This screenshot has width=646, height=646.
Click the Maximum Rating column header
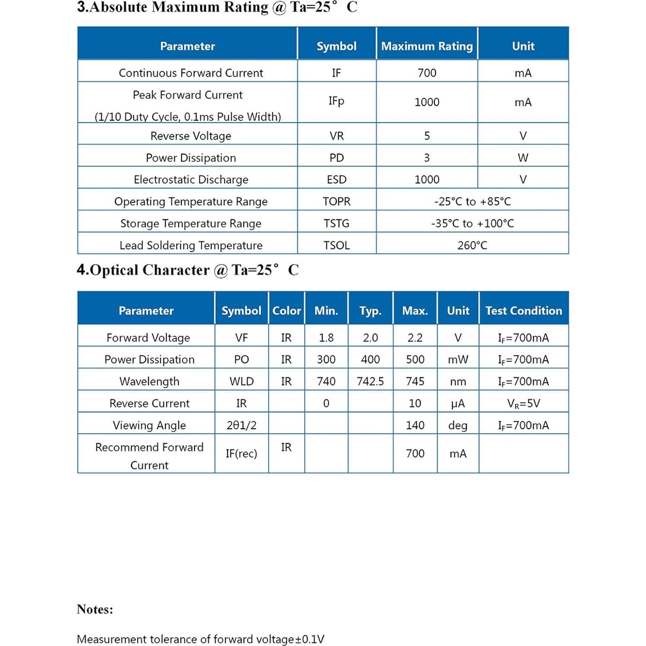point(427,46)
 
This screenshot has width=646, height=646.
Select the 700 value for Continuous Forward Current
point(427,73)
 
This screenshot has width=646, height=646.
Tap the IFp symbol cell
point(336,101)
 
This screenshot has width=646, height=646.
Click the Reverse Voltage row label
point(191,136)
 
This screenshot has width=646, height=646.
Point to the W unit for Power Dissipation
point(523,158)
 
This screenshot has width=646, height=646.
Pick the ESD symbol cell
point(337,180)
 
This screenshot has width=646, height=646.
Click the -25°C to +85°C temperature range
point(472,202)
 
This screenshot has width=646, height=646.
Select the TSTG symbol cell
point(337,224)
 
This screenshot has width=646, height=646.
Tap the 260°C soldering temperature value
point(472,246)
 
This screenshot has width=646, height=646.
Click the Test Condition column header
point(523,311)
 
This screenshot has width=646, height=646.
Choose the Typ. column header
point(370,311)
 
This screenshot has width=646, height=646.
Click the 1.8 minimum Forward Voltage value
point(326,338)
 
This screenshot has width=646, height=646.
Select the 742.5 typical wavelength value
point(370,381)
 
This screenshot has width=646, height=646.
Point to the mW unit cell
point(458,359)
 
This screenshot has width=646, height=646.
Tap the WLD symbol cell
point(242,381)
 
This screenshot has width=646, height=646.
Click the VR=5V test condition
point(523,403)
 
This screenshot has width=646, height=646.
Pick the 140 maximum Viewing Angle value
point(415,425)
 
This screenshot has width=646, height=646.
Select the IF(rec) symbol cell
point(241,454)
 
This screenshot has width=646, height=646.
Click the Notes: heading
point(95,609)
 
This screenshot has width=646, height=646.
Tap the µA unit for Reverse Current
point(458,403)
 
